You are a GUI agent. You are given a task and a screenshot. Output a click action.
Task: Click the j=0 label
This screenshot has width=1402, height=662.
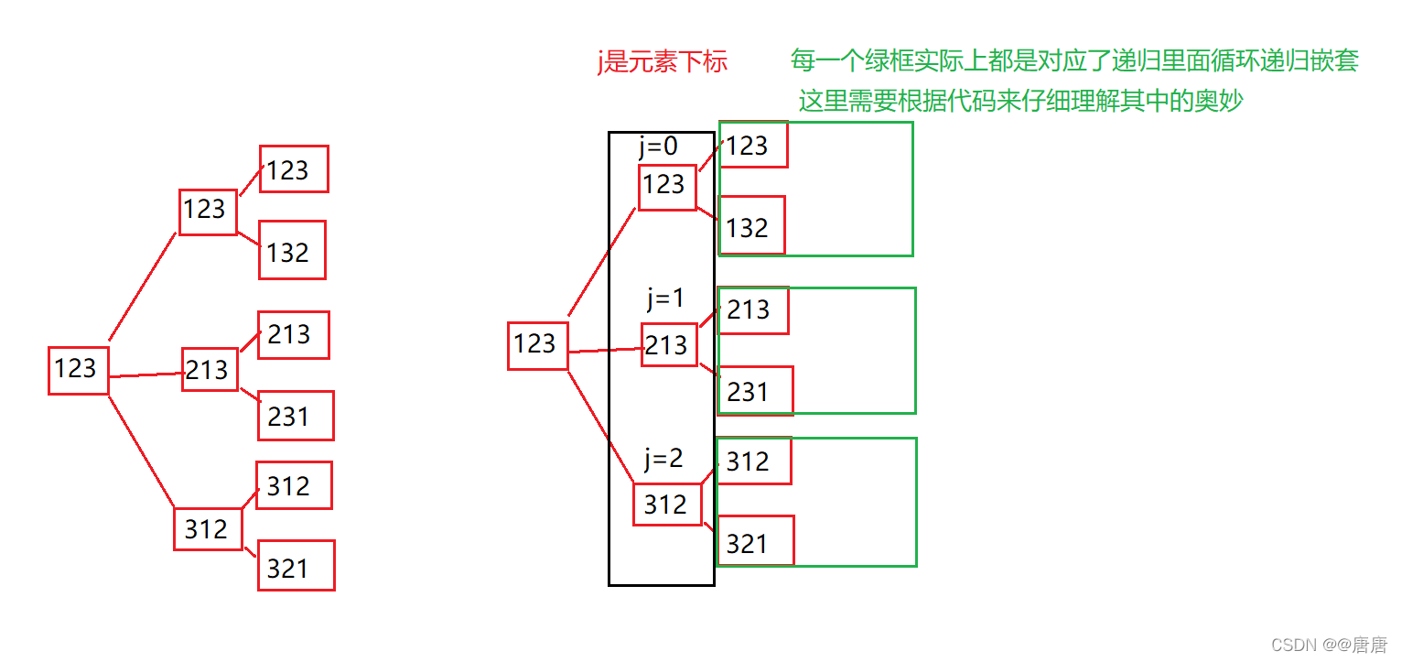coord(659,147)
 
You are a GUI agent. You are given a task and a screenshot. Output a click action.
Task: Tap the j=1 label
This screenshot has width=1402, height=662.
coord(665,298)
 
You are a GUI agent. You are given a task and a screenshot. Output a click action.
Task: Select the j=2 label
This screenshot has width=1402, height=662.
coord(663,458)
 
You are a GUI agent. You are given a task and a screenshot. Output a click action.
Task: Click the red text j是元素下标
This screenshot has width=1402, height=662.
coord(662,62)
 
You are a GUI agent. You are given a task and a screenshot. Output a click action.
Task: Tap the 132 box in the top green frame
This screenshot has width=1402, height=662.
coord(751,225)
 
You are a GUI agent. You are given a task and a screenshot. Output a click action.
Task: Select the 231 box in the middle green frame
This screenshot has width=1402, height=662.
coord(754,391)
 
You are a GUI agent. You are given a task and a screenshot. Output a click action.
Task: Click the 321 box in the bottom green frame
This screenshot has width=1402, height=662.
coord(754,541)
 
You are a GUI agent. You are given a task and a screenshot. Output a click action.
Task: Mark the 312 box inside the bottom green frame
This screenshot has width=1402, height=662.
coord(752,461)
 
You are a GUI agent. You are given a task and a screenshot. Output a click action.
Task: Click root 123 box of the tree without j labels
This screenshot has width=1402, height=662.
coord(78,370)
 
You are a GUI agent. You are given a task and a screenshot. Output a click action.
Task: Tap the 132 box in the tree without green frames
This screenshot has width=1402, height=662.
coord(292,250)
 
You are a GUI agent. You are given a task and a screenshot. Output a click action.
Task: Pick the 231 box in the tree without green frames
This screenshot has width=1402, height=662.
coord(295,416)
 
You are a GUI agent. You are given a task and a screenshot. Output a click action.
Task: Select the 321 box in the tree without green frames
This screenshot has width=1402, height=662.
coord(295,566)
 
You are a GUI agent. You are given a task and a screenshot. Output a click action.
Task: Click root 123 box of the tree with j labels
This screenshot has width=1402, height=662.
coord(537,345)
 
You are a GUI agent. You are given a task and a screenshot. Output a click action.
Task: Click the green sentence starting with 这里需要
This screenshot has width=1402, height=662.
coord(1020,101)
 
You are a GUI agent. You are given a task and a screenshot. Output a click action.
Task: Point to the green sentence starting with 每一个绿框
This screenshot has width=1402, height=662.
coord(1074,61)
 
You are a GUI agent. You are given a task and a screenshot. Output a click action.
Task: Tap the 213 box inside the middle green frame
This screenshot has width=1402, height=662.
coord(752,309)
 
